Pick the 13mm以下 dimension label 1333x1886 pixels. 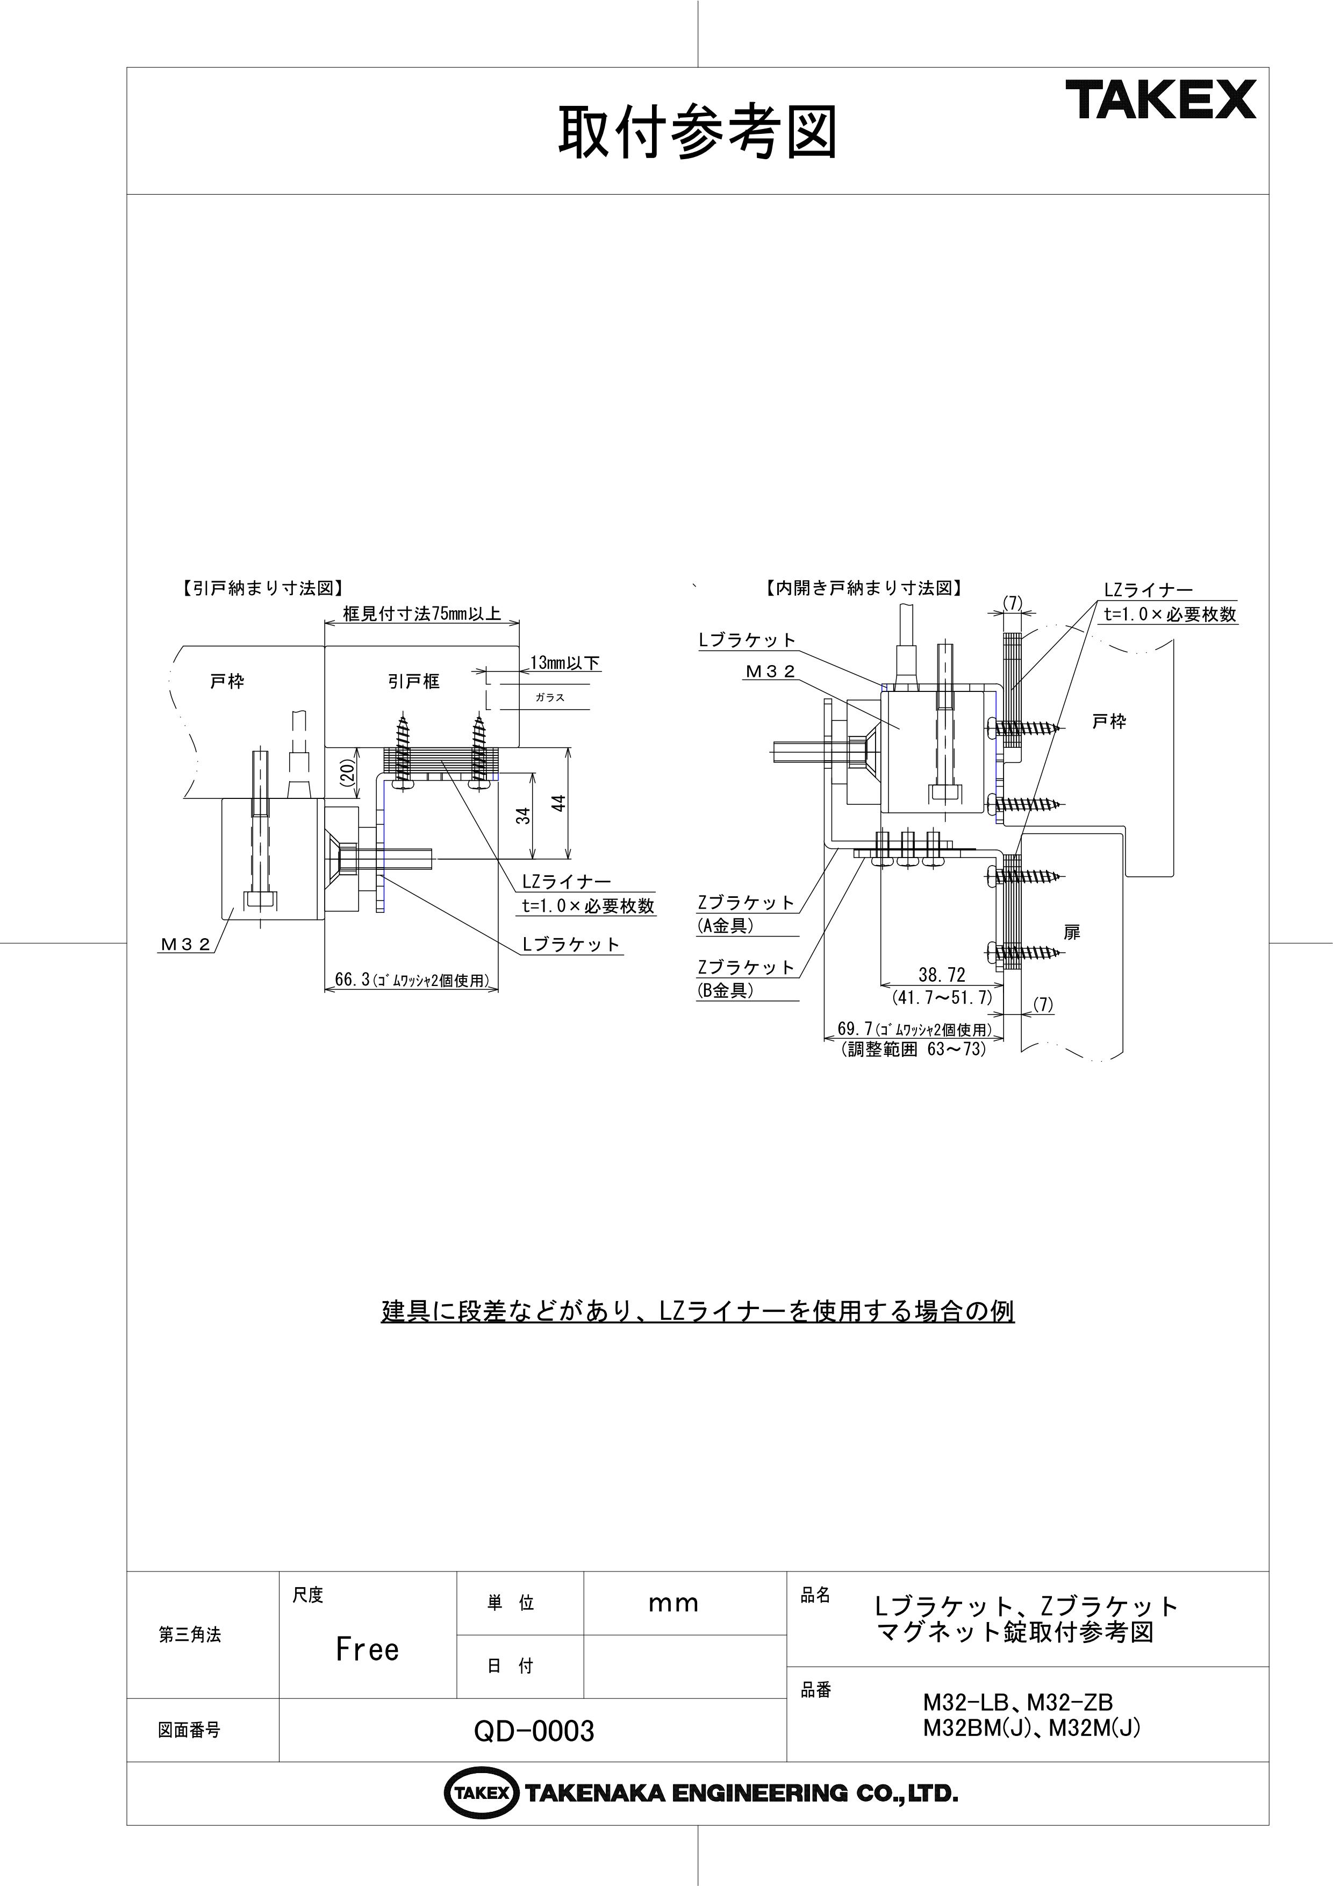[565, 662]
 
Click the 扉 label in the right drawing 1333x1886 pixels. [1071, 932]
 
